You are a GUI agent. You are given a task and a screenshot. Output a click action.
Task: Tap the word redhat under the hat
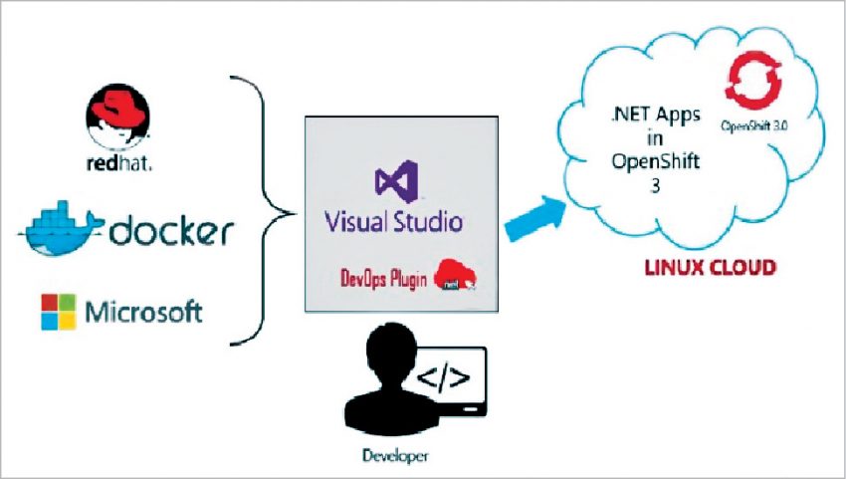[118, 162]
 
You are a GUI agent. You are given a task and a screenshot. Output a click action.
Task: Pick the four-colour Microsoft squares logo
[59, 312]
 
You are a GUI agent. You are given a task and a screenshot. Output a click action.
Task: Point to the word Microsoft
[143, 313]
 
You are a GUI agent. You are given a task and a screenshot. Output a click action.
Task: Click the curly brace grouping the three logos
[268, 210]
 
